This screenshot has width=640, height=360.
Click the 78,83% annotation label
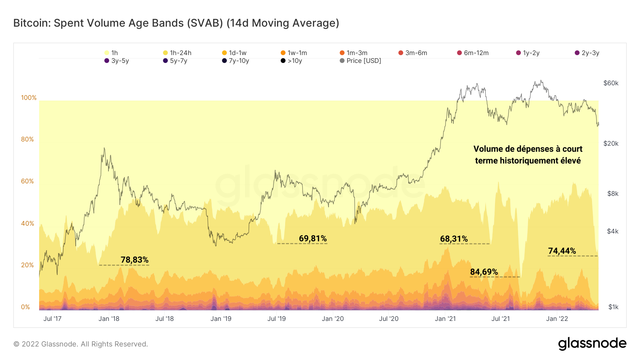click(x=134, y=260)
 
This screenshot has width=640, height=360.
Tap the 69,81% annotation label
click(x=313, y=238)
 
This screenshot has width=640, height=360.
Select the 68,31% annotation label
click(x=454, y=239)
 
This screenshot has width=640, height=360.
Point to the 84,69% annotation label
click(x=484, y=272)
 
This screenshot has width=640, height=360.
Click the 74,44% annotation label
click(x=562, y=251)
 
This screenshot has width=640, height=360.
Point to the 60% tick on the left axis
click(x=27, y=181)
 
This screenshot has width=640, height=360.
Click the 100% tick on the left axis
click(x=29, y=98)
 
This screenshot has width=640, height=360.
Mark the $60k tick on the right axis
click(x=611, y=83)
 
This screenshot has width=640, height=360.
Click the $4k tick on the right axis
click(x=613, y=231)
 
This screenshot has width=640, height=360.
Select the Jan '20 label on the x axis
click(x=332, y=319)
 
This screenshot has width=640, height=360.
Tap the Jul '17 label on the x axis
click(x=52, y=319)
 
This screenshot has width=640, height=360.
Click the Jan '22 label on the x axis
click(x=557, y=319)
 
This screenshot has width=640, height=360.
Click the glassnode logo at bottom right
click(x=592, y=344)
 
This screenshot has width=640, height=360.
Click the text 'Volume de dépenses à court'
click(x=528, y=149)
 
